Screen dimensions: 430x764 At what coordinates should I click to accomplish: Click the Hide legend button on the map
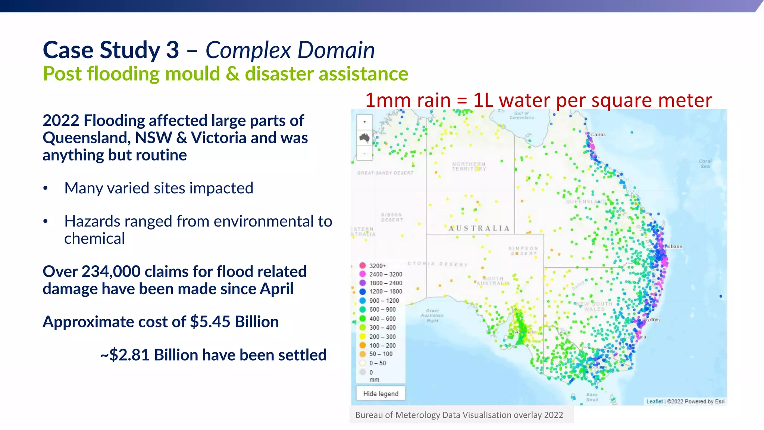(x=381, y=393)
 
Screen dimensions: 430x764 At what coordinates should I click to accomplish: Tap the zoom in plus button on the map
(x=364, y=122)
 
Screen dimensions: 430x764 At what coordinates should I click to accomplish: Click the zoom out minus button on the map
(x=364, y=153)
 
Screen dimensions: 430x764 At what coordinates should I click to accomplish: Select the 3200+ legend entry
(x=377, y=266)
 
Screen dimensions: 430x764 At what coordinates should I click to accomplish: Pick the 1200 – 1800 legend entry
(x=385, y=292)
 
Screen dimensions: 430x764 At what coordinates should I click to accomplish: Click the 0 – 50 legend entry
(x=377, y=363)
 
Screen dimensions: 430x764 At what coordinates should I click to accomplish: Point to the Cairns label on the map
(x=598, y=135)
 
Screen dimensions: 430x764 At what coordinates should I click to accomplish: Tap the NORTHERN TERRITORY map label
(x=469, y=166)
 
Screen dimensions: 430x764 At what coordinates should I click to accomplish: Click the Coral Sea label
(x=705, y=164)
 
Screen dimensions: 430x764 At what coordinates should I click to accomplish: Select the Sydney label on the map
(x=653, y=320)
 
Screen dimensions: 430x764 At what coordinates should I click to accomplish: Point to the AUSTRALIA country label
(x=479, y=228)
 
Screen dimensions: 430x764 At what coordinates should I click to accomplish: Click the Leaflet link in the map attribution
(x=654, y=402)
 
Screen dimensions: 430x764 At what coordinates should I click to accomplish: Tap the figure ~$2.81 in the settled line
(x=125, y=355)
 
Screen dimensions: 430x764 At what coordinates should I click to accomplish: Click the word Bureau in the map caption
(x=369, y=415)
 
